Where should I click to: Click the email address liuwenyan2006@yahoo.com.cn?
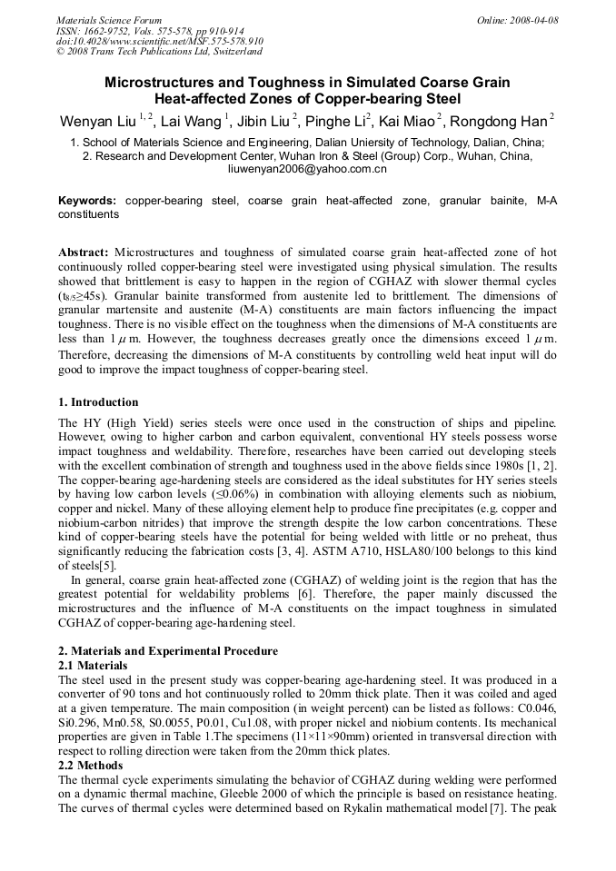click(307, 169)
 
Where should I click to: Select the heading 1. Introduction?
click(98, 402)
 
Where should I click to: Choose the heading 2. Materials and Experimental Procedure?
click(168, 652)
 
